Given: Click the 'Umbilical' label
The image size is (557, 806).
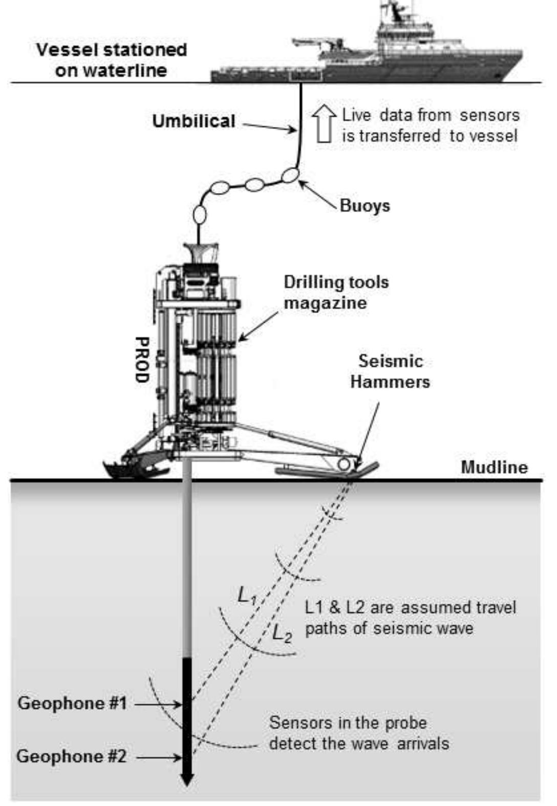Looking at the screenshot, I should pyautogui.click(x=194, y=121).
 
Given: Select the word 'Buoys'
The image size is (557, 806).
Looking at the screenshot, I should pyautogui.click(x=365, y=206).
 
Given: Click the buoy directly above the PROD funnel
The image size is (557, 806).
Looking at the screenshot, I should pyautogui.click(x=200, y=214).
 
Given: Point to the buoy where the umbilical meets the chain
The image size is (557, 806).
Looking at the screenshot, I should pyautogui.click(x=290, y=175).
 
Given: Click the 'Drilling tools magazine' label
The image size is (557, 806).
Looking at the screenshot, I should pyautogui.click(x=336, y=292).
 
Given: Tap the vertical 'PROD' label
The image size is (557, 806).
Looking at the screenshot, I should pyautogui.click(x=142, y=359).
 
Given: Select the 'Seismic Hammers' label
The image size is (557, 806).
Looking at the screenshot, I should pyautogui.click(x=390, y=371).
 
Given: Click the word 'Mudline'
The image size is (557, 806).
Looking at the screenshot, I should pyautogui.click(x=494, y=467).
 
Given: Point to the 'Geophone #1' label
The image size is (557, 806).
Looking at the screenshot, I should pyautogui.click(x=72, y=703).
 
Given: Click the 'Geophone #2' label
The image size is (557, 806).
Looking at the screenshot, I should pyautogui.click(x=71, y=756).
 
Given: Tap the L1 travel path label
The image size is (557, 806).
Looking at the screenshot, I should pyautogui.click(x=247, y=595).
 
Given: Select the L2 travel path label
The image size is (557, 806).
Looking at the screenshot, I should pyautogui.click(x=282, y=633).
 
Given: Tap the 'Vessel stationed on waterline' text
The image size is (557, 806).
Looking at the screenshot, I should pyautogui.click(x=111, y=60).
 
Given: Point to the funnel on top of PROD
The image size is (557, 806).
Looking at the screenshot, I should pyautogui.click(x=200, y=252).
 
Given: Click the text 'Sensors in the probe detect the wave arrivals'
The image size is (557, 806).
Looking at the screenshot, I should pyautogui.click(x=358, y=733).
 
